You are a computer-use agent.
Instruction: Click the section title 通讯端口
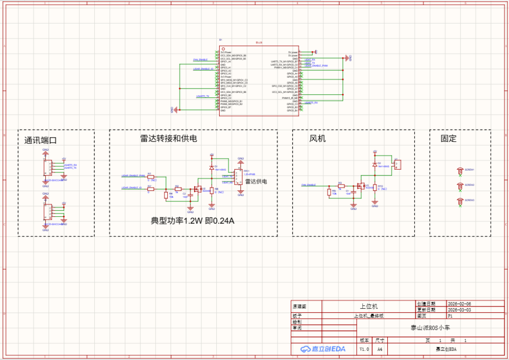[41, 140]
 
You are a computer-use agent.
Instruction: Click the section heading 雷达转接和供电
[168, 139]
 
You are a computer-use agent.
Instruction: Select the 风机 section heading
[317, 139]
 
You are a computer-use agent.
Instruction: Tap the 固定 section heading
[448, 139]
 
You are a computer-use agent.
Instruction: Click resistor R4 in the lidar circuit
[165, 195]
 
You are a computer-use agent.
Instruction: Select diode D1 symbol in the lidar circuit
[212, 167]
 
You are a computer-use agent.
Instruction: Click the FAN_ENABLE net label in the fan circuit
[309, 185]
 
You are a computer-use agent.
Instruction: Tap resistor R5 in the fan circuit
[329, 191]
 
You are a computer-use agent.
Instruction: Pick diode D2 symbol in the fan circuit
[375, 164]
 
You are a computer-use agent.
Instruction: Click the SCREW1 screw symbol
[460, 171]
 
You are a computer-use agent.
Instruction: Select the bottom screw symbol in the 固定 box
[460, 202]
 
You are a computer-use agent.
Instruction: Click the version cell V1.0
[364, 349]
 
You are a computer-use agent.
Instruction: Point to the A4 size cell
[379, 349]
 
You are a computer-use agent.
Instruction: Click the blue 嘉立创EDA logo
[323, 349]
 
